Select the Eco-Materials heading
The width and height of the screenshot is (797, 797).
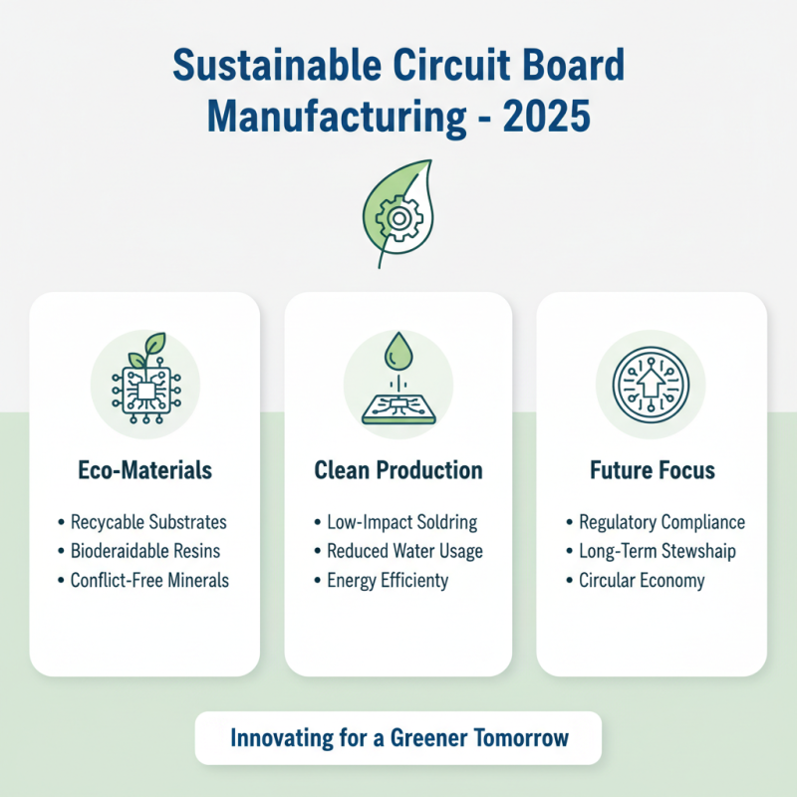[144, 469]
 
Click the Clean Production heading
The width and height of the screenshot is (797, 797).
[398, 469]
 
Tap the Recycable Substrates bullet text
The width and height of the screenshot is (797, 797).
[148, 522]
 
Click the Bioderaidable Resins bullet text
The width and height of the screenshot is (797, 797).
[145, 551]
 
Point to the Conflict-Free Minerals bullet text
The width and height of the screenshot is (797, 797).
[149, 580]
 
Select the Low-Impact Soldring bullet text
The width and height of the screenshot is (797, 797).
[401, 522]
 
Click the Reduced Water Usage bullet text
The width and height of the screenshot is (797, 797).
[404, 551]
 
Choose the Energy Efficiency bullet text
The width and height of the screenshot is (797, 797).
[388, 580]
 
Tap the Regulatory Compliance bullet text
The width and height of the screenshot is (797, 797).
[662, 522]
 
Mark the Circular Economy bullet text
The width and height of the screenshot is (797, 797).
[642, 580]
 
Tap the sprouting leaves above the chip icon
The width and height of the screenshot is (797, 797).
[146, 350]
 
